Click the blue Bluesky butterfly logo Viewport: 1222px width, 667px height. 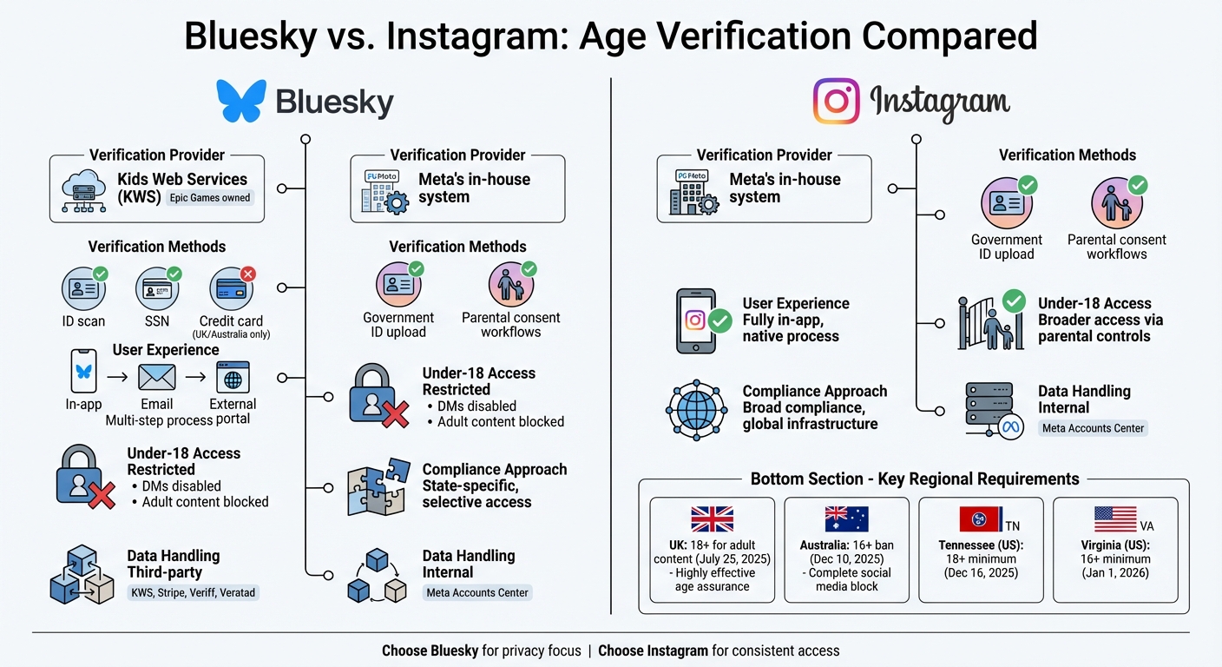pyautogui.click(x=241, y=102)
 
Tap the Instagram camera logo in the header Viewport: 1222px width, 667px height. pyautogui.click(x=836, y=101)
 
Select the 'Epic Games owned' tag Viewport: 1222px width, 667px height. pyautogui.click(x=210, y=198)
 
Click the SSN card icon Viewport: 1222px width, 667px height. pyautogui.click(x=157, y=288)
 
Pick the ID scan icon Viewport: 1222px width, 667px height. pyautogui.click(x=84, y=288)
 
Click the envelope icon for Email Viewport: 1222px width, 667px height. pyautogui.click(x=157, y=377)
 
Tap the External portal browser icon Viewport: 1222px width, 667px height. pyautogui.click(x=233, y=377)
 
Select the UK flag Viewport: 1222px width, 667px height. pyautogui.click(x=712, y=519)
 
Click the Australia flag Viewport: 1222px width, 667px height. pyautogui.click(x=846, y=519)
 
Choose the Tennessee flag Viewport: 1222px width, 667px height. pyautogui.click(x=980, y=519)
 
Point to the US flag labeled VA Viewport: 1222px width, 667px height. pyautogui.click(x=1115, y=519)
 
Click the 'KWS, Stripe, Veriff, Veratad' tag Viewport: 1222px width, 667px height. pyautogui.click(x=194, y=593)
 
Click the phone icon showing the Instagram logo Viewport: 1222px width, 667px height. pyautogui.click(x=696, y=321)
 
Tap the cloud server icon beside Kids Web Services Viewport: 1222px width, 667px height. pyautogui.click(x=84, y=191)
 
